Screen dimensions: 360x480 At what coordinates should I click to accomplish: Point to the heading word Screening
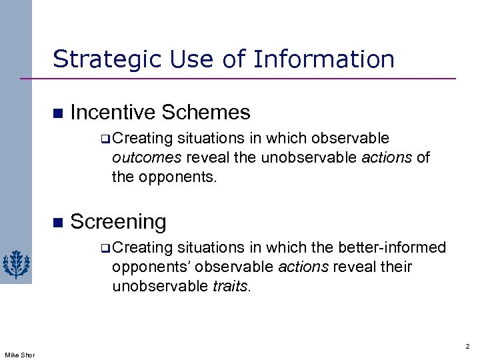click(x=118, y=221)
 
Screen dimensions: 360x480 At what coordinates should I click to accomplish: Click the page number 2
click(x=467, y=347)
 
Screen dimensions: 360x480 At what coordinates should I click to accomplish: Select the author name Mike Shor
click(x=19, y=354)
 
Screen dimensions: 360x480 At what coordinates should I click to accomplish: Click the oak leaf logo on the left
click(x=14, y=264)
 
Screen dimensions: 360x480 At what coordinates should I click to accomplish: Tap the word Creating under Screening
click(x=143, y=248)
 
